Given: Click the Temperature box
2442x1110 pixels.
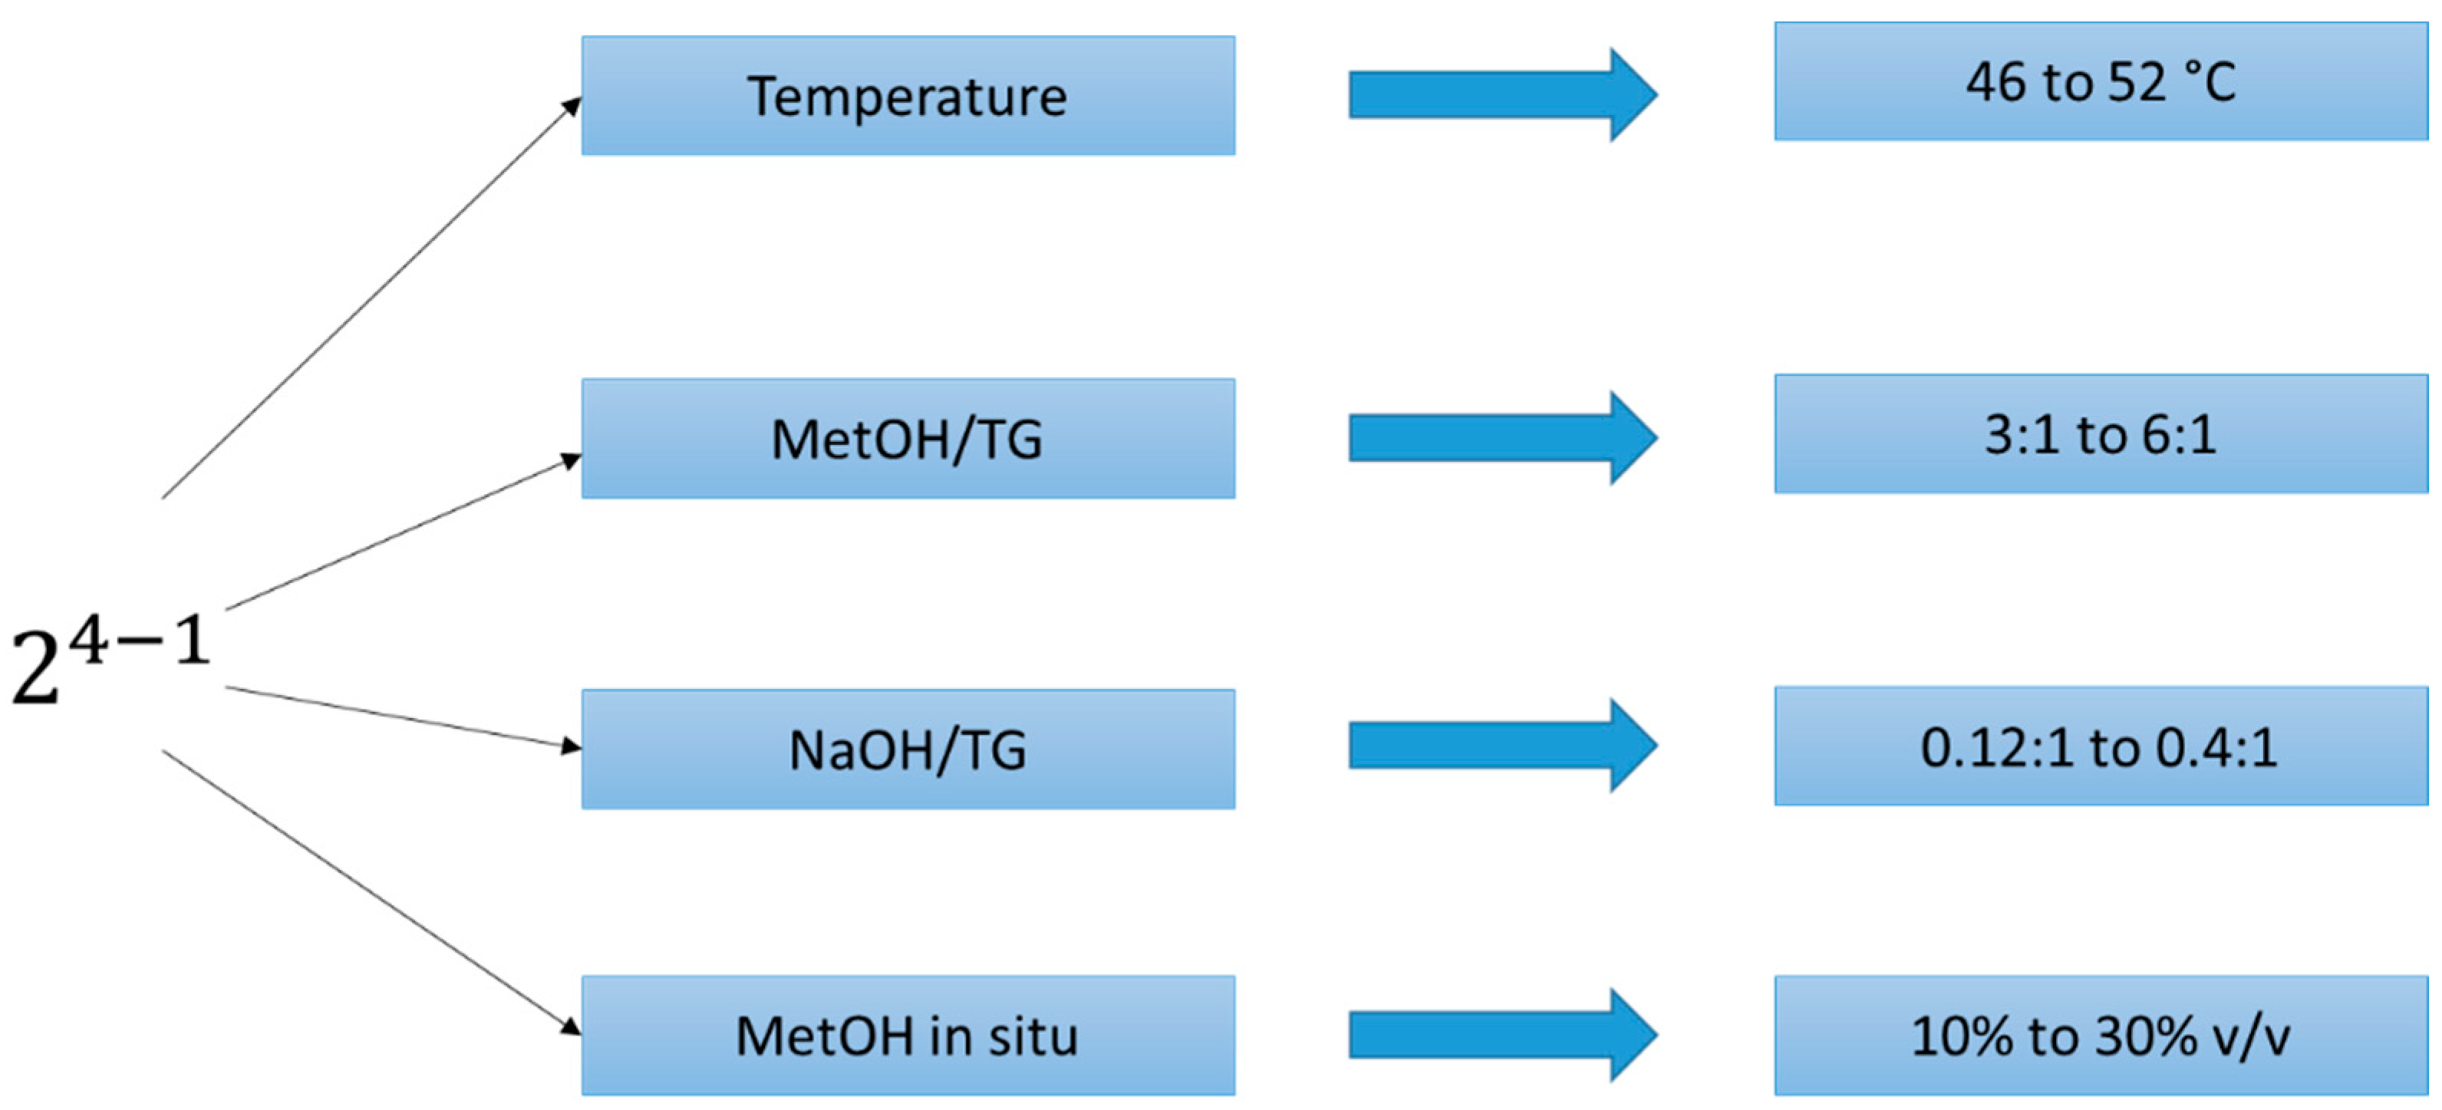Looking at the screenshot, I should click(908, 96).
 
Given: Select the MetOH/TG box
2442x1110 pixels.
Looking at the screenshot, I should click(908, 438).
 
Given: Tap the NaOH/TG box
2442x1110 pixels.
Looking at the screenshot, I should click(908, 749).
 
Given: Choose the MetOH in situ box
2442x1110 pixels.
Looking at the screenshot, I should click(908, 1035).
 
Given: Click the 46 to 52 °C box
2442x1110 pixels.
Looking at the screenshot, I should click(2101, 81).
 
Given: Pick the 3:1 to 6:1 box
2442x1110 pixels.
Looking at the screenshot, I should click(2101, 434).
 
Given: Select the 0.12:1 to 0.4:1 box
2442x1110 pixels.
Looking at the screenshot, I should click(2101, 746).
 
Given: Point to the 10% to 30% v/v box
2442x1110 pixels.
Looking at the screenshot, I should click(2101, 1035).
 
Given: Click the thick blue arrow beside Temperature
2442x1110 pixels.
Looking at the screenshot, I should click(1502, 95).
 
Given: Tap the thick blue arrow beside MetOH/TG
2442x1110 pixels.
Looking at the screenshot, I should click(1502, 438).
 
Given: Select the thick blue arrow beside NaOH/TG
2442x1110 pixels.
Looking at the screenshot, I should click(1502, 745).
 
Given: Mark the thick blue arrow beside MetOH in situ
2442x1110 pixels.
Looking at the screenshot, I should click(1502, 1035).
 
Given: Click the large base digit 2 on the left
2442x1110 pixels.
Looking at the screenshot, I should click(35, 669).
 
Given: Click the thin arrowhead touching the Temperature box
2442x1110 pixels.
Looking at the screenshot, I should click(572, 105).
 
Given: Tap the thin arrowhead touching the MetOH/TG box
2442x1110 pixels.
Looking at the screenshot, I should click(571, 461).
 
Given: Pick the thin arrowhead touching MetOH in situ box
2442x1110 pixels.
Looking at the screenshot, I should click(571, 1026).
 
